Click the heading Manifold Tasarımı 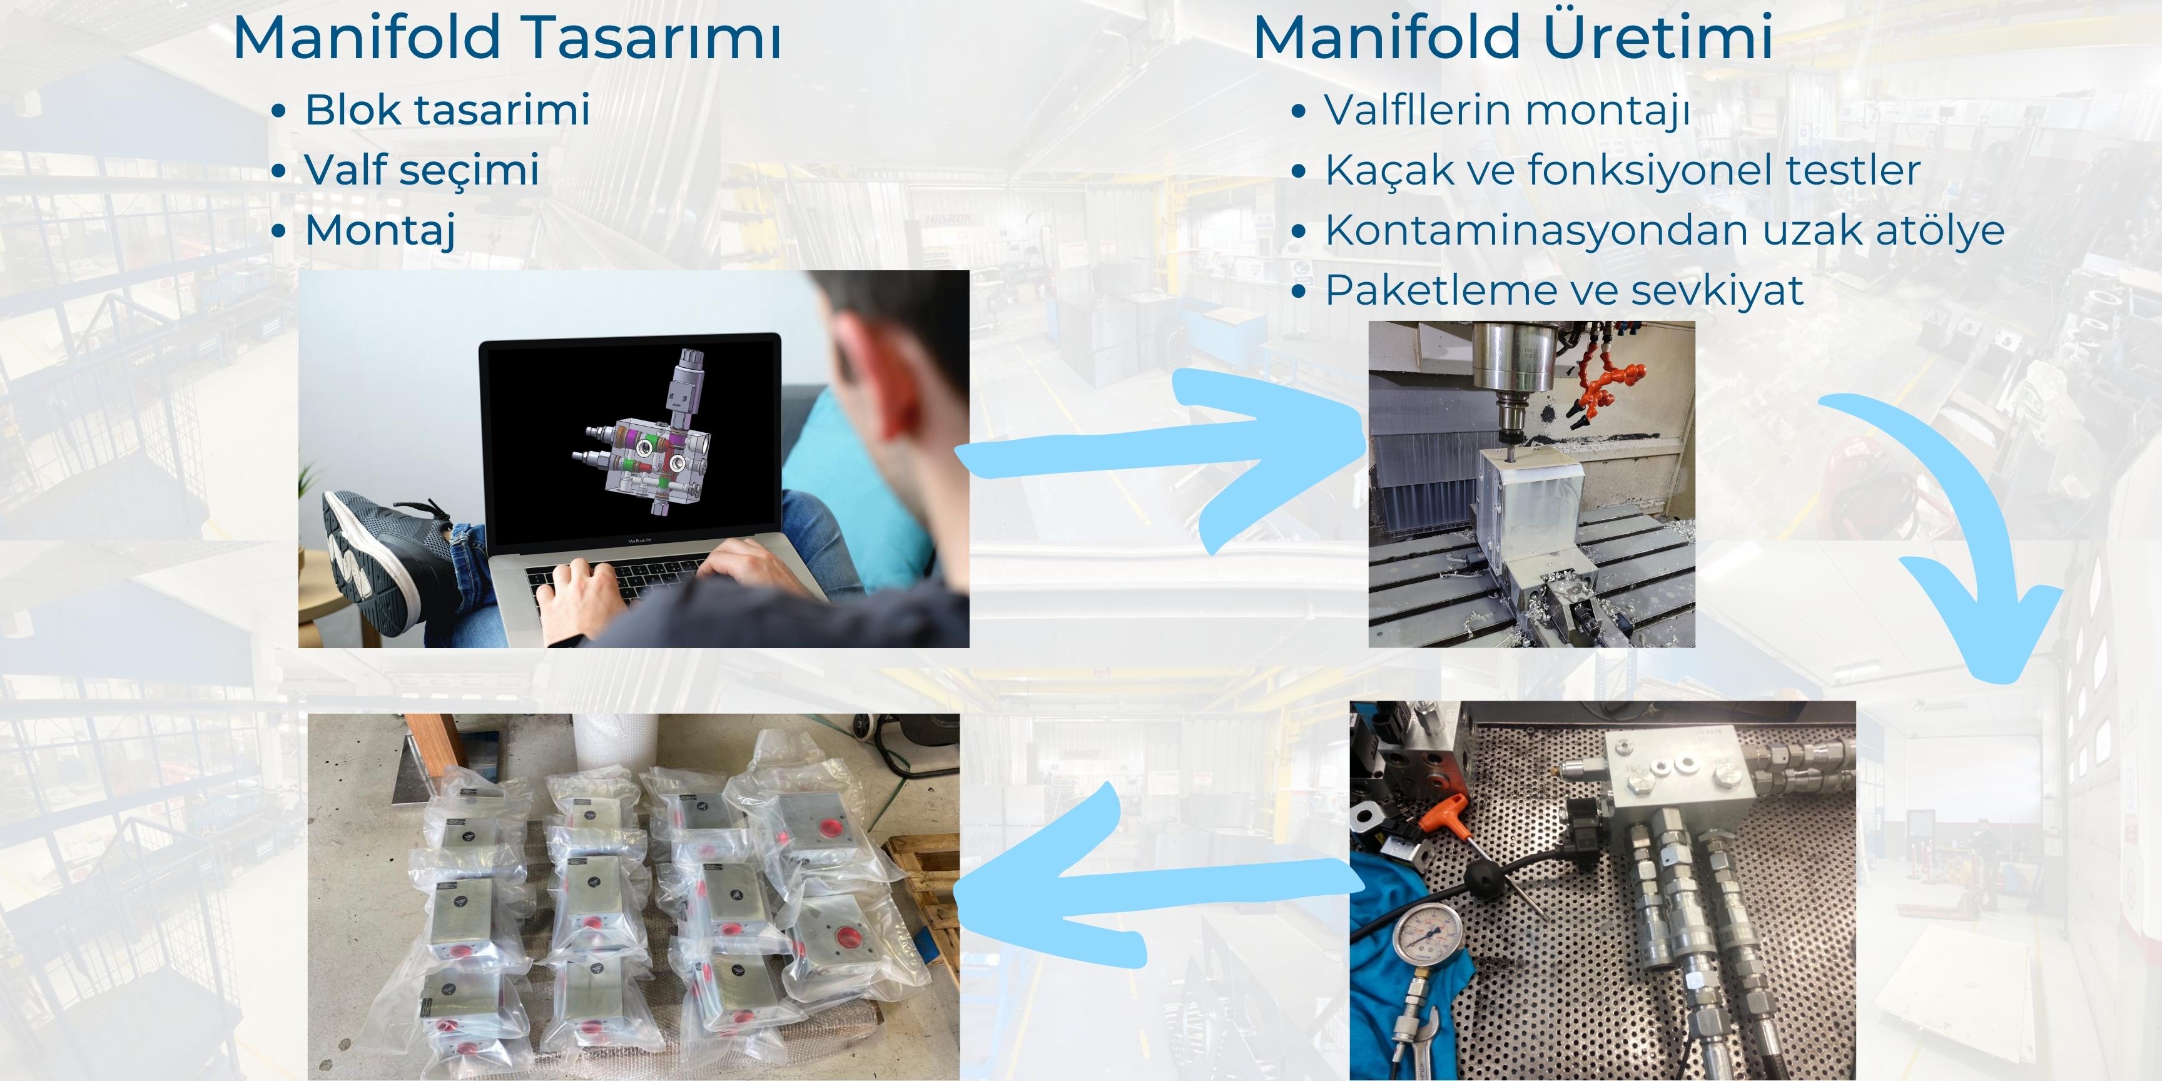pos(507,39)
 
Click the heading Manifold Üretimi pos(1513,39)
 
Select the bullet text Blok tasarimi pos(447,110)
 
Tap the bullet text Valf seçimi pos(421,170)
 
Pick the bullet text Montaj pos(380,231)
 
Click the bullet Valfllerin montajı pos(1506,110)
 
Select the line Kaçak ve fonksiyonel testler pos(1622,170)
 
